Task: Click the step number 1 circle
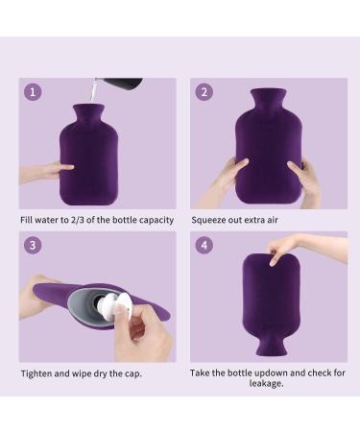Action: point(35,92)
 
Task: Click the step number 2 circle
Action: point(204,92)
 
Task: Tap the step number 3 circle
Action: point(35,246)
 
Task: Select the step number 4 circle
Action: point(204,246)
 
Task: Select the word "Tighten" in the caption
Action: point(39,373)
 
